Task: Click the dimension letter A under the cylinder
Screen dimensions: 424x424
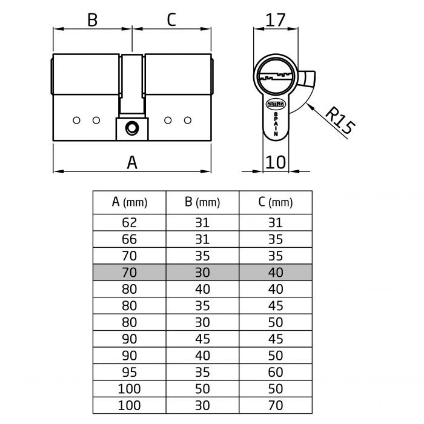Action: pos(132,162)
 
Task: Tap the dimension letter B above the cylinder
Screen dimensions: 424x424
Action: pos(92,20)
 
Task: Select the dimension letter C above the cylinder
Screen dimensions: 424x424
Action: pos(171,20)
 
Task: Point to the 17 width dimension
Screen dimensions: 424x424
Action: pos(275,20)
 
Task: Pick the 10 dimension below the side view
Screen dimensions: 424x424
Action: pos(275,162)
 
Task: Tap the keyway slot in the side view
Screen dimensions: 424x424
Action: pos(276,76)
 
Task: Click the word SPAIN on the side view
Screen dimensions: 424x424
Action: pos(276,125)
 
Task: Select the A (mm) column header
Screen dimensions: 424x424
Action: pos(130,202)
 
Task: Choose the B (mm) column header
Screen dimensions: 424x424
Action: pos(202,202)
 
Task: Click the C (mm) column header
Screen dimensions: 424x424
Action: pos(275,202)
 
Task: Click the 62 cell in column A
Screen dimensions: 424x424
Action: pos(130,222)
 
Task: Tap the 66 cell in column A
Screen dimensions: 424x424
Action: pos(130,239)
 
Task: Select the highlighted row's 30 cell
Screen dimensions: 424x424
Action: pos(202,273)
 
